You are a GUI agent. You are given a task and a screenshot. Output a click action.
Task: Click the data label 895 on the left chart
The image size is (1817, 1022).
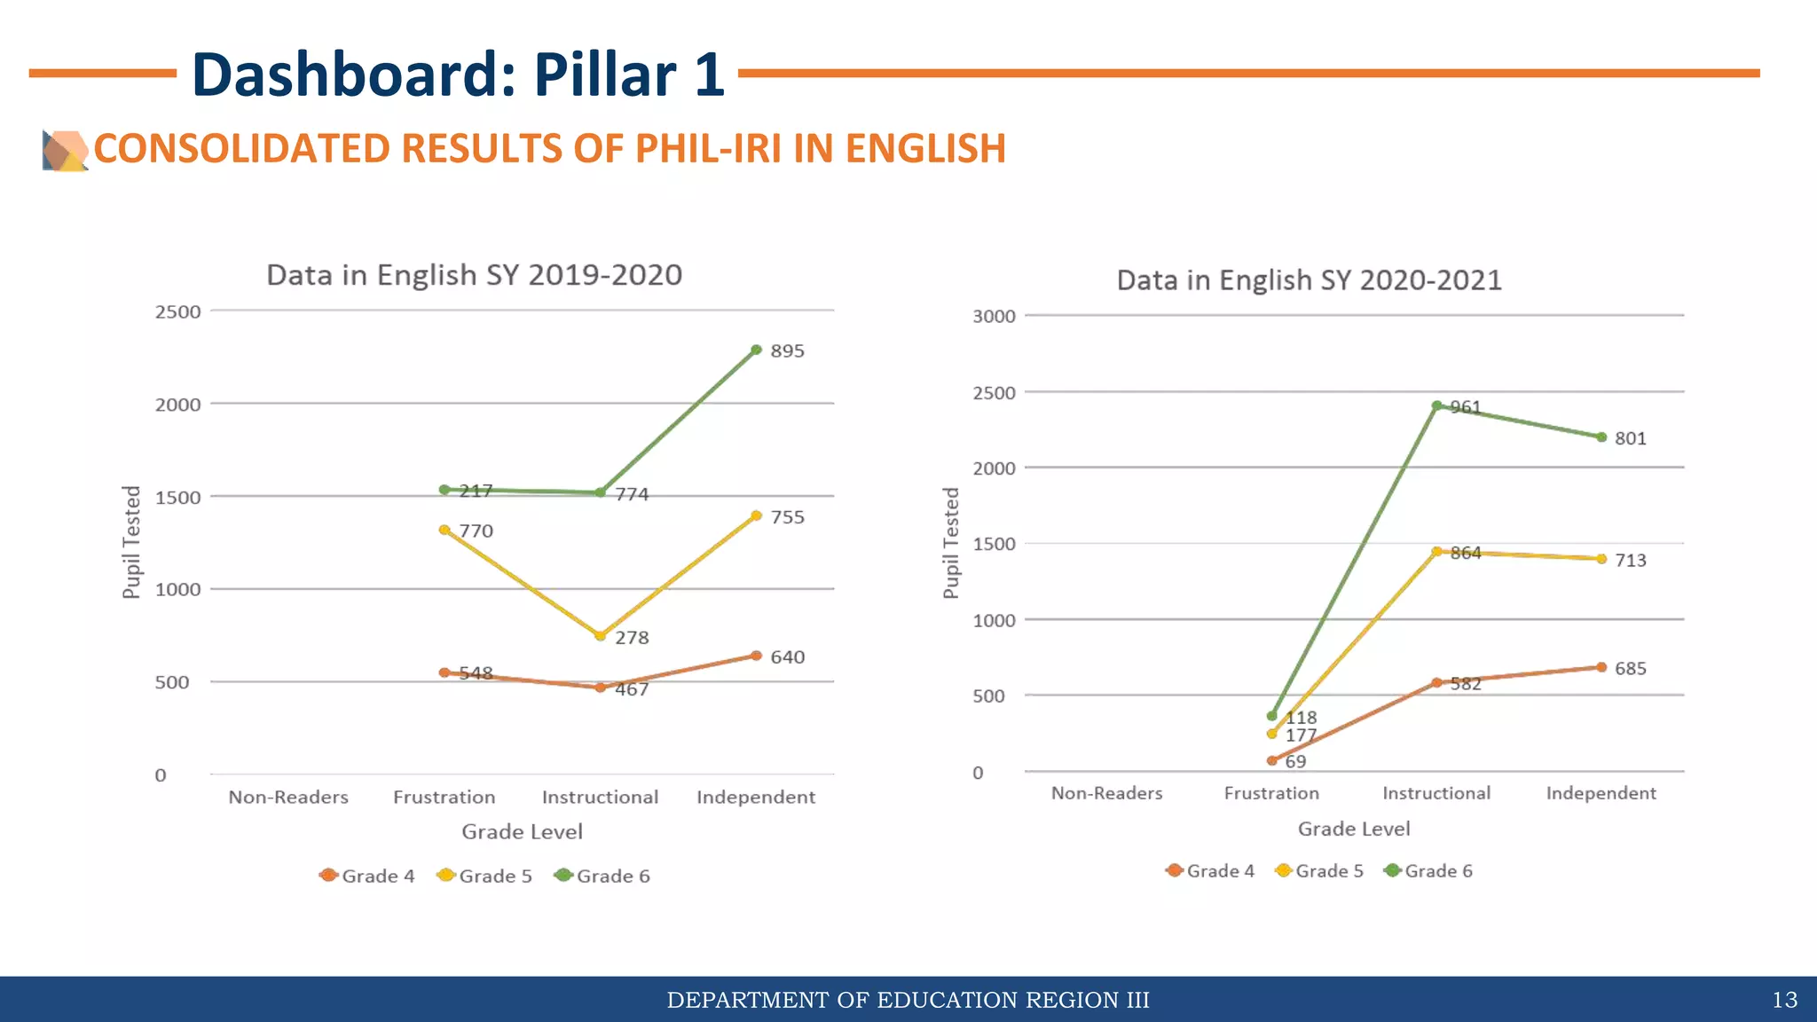[787, 351]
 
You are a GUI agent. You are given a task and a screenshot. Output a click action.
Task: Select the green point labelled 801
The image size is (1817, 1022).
[1601, 437]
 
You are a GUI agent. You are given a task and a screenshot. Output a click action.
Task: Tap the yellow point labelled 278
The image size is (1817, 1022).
[601, 636]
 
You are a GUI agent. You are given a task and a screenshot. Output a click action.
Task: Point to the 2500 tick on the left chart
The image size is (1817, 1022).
[177, 312]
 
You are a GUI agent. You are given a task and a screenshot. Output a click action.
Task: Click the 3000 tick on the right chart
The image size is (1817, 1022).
[994, 317]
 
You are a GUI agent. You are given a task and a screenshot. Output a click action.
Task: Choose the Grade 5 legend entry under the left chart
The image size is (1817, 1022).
[485, 877]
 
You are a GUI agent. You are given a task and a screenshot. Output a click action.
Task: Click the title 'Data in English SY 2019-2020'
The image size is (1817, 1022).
[475, 275]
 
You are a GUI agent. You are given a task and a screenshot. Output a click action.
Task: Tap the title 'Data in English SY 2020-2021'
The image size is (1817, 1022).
[1309, 280]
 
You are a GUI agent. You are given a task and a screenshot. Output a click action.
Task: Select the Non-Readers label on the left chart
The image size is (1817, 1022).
[288, 798]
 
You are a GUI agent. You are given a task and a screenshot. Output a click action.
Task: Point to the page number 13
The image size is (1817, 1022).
[1784, 1001]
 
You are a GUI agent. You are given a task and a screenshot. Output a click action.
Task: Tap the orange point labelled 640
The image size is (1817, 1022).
[756, 656]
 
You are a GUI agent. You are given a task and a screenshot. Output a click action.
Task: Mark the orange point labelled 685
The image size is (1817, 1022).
[1601, 667]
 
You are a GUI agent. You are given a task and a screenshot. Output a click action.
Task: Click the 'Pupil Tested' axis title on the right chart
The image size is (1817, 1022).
[951, 543]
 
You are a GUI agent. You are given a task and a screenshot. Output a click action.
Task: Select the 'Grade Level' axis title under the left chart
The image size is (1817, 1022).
[522, 832]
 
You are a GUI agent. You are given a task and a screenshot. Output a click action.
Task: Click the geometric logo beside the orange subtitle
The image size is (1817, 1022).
[65, 150]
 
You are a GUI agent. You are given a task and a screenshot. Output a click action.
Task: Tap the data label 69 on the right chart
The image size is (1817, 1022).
[1295, 762]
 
